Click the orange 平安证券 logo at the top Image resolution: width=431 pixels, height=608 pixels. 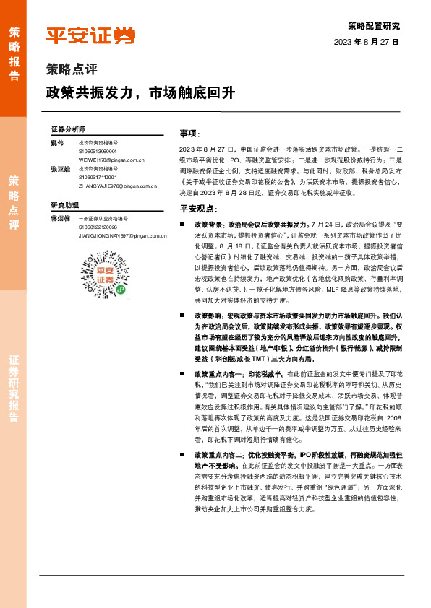pos(90,36)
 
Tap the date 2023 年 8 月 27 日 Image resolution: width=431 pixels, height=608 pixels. pos(366,43)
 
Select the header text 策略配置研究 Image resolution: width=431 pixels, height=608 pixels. pos(373,26)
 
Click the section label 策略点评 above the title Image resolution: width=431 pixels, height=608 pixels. pos(71,71)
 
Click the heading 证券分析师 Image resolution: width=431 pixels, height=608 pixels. pos(68,129)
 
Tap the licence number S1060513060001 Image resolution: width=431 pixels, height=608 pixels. pos(98,152)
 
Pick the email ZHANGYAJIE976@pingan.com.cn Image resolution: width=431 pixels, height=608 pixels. pos(118,185)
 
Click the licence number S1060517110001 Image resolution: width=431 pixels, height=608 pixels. pos(98,177)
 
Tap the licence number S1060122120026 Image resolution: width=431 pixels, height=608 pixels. pos(98,227)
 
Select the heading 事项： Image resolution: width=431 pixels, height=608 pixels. pos(189,134)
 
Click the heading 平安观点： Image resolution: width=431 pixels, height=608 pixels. pos(198,208)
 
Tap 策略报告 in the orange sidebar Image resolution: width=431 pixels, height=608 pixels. pos(14,49)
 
